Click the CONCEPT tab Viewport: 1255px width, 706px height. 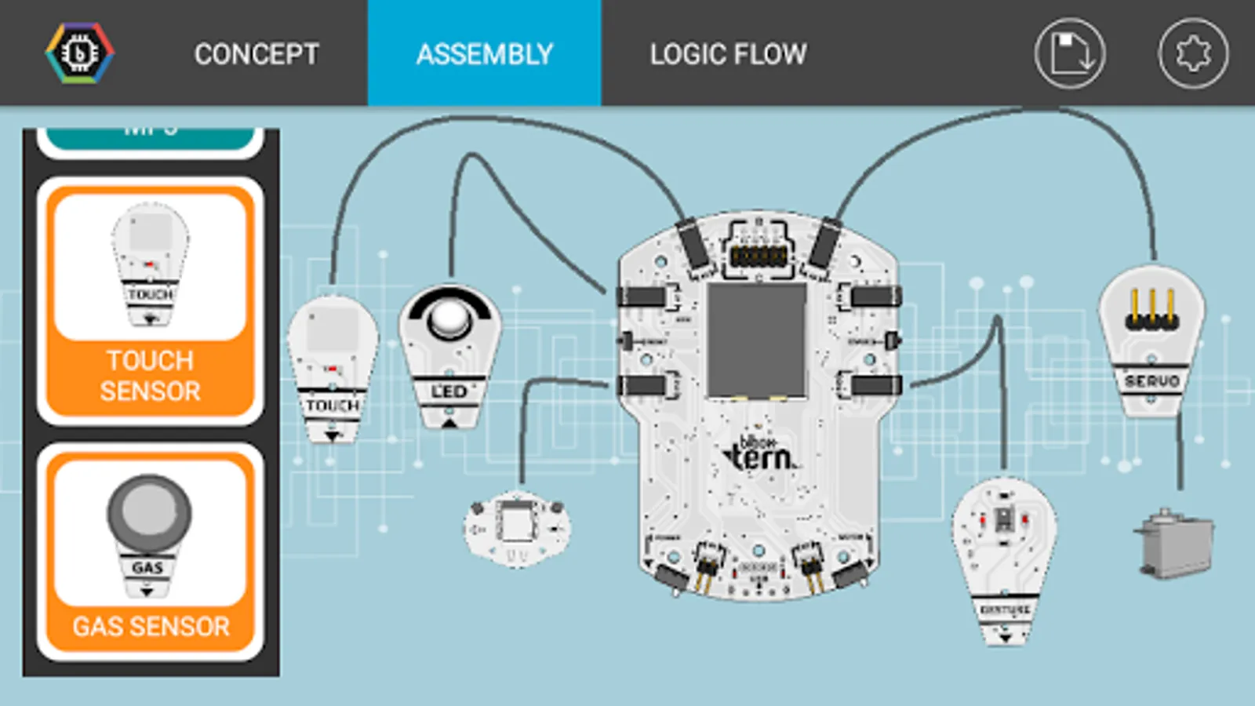click(x=256, y=54)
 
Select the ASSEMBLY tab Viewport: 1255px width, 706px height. click(x=485, y=54)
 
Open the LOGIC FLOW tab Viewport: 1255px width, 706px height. click(x=728, y=54)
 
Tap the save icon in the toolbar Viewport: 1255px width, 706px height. click(x=1070, y=53)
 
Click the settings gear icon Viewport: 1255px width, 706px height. click(x=1193, y=53)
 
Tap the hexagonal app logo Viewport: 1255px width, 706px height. click(x=79, y=53)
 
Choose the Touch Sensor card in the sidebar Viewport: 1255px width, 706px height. click(x=150, y=301)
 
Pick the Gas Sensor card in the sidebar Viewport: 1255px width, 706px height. click(x=150, y=552)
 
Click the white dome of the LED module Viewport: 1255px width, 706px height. click(x=449, y=317)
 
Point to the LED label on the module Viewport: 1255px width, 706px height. click(x=449, y=391)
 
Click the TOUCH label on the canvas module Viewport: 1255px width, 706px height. click(x=333, y=406)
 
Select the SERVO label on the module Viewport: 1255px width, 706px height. click(x=1152, y=381)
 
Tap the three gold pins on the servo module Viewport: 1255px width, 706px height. click(x=1151, y=310)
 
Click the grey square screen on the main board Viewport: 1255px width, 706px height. click(x=757, y=340)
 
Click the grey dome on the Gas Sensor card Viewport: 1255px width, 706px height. click(x=148, y=511)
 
